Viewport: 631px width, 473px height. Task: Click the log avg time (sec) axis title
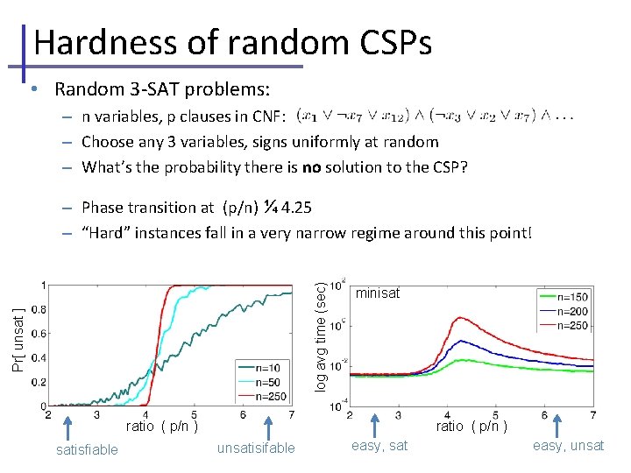point(322,335)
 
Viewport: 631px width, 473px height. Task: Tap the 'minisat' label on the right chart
point(377,295)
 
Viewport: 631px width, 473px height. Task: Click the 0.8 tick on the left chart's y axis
point(39,309)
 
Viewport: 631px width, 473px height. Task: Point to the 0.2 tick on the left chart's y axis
point(39,382)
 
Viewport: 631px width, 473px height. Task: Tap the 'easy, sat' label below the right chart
point(379,446)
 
